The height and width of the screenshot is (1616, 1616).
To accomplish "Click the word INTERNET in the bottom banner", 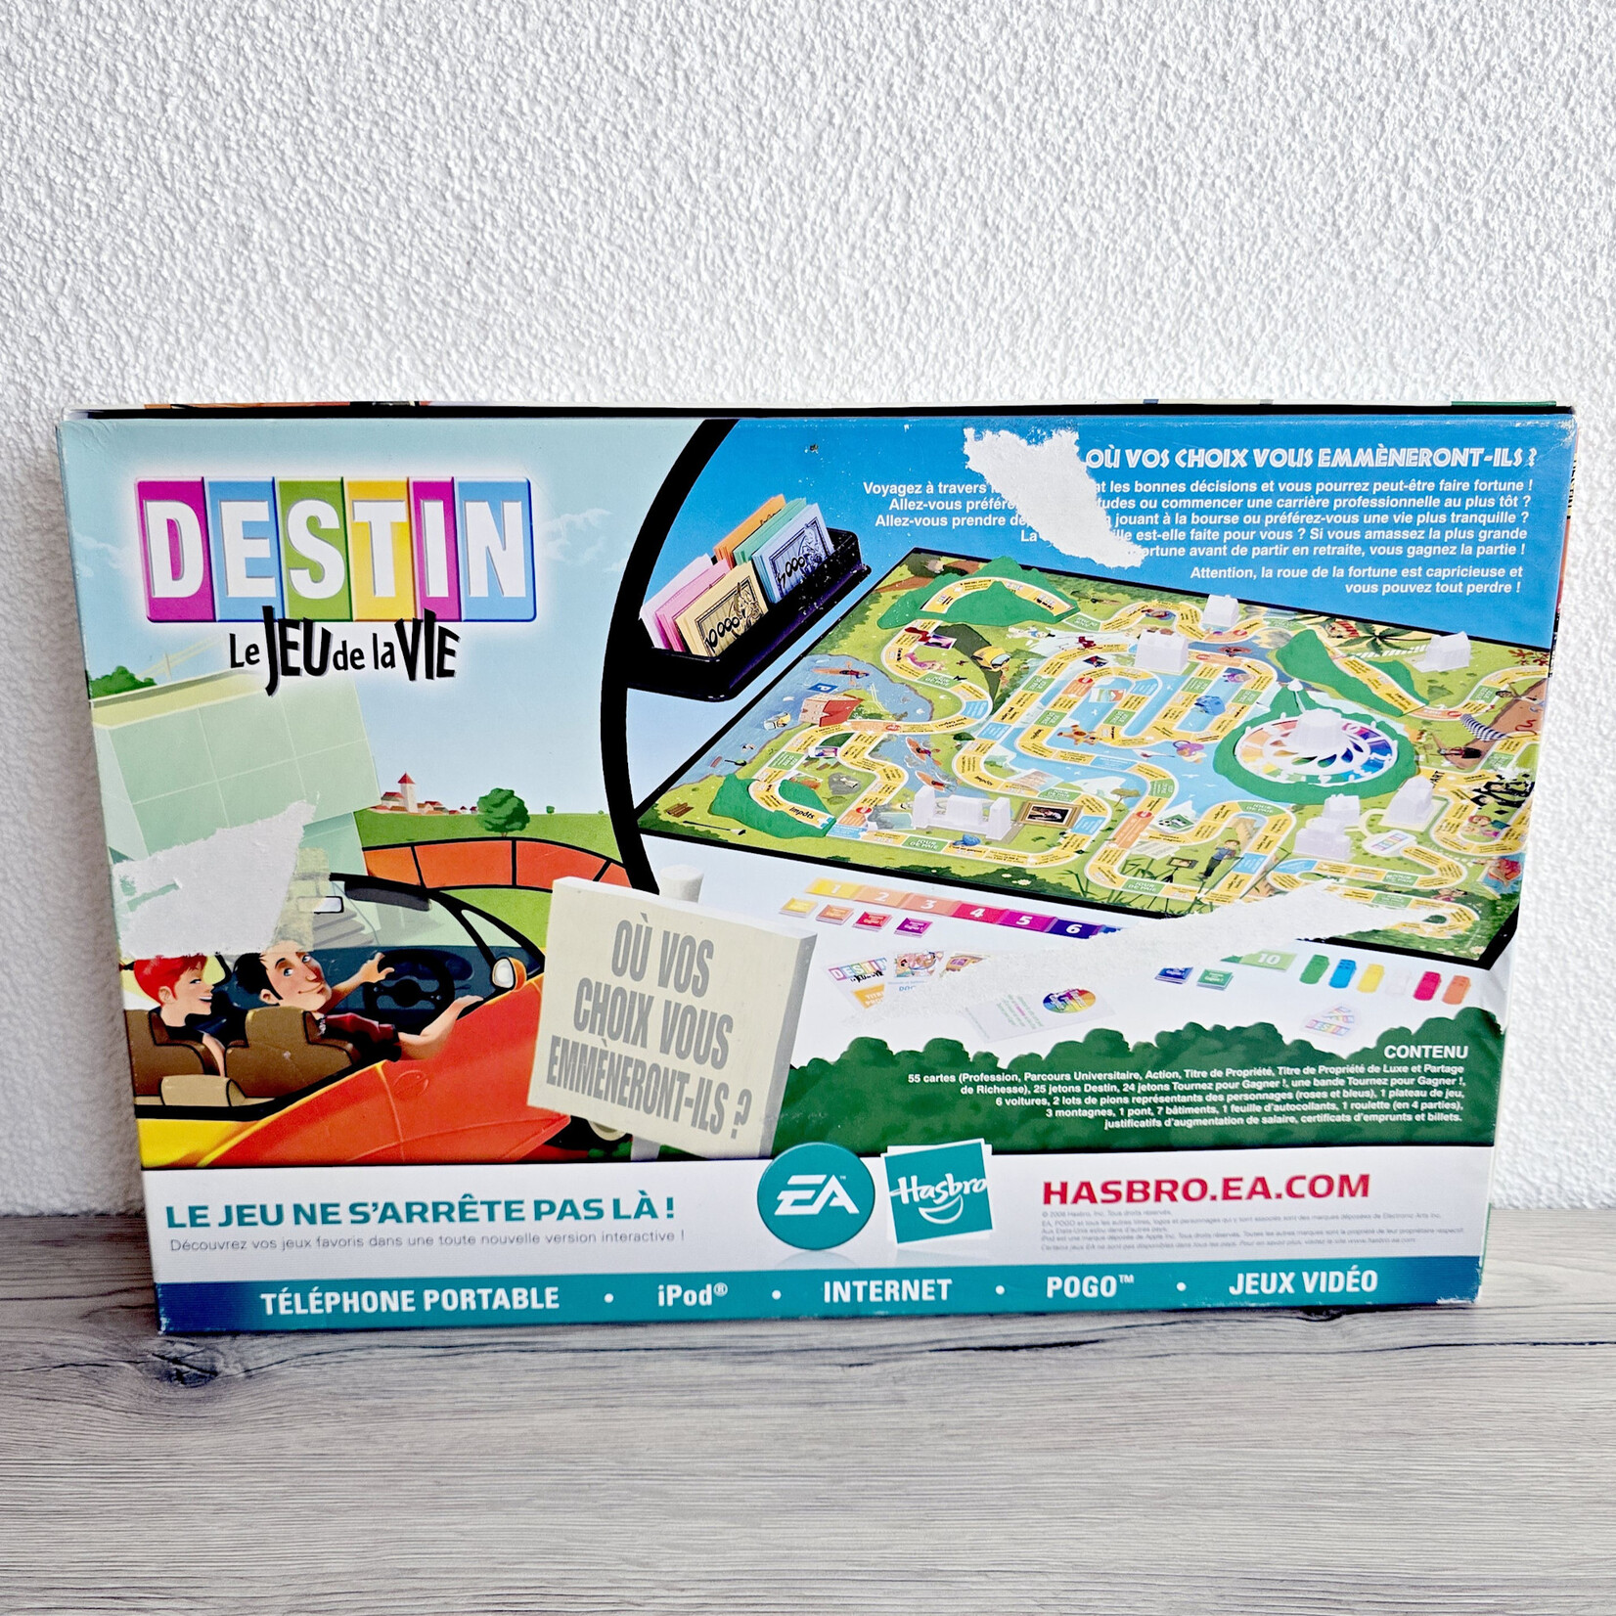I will tap(886, 1290).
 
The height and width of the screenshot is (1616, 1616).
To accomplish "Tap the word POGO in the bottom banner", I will tap(1082, 1286).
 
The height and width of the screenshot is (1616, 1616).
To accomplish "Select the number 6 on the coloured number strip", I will tap(1072, 925).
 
